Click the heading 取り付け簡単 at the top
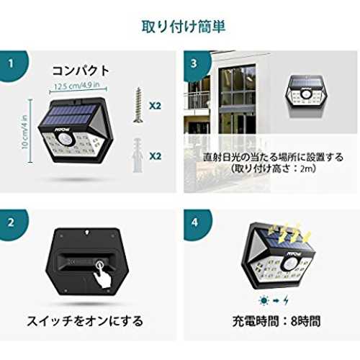(x=183, y=27)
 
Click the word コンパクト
(x=81, y=71)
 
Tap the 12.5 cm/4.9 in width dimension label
(x=77, y=86)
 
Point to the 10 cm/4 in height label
(x=25, y=132)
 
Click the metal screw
(x=138, y=105)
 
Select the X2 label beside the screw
(x=155, y=106)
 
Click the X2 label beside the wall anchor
(x=155, y=156)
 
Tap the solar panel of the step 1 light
(x=72, y=114)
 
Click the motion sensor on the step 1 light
(x=65, y=139)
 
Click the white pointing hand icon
(x=102, y=274)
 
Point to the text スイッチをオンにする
(x=85, y=321)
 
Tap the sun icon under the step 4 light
(x=264, y=300)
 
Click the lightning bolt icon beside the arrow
(x=286, y=300)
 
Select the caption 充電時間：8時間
(x=276, y=321)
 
